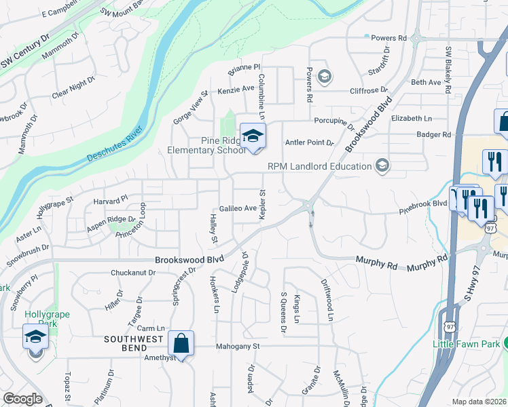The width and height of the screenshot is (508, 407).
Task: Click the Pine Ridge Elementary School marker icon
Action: pyautogui.click(x=253, y=136)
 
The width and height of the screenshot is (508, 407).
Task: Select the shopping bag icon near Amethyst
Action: pyautogui.click(x=182, y=344)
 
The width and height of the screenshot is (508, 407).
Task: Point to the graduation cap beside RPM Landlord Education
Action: pyautogui.click(x=382, y=166)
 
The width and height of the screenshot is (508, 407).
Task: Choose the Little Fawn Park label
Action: pyautogui.click(x=466, y=344)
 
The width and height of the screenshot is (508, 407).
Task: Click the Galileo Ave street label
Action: pyautogui.click(x=236, y=208)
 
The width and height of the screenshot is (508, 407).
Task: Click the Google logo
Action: pyautogui.click(x=22, y=399)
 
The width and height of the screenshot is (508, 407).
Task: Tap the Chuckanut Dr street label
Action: pyautogui.click(x=133, y=273)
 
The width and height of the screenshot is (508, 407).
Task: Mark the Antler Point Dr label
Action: pyautogui.click(x=310, y=142)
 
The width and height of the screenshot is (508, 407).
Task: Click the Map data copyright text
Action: pyautogui.click(x=479, y=402)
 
